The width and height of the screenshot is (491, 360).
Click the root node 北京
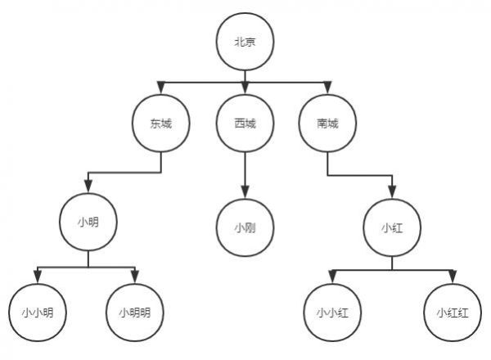[x=245, y=42]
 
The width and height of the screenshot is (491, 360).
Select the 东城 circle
[x=161, y=124]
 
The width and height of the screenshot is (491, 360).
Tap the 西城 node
[x=245, y=124]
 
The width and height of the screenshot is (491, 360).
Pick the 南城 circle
[x=327, y=124]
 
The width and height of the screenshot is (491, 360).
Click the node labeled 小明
[x=88, y=222]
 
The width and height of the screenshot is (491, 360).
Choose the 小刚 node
[x=245, y=227]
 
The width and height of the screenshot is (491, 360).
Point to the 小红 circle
[x=392, y=227]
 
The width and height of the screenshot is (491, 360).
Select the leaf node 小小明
[x=38, y=313]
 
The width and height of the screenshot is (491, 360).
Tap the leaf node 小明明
[x=135, y=313]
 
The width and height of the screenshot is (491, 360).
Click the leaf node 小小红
[x=332, y=313]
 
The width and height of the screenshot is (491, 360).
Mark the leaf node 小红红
[x=453, y=313]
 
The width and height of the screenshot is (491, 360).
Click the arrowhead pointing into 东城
[x=161, y=88]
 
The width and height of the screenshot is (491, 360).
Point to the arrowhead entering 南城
[x=327, y=88]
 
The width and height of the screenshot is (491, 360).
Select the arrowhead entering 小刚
[x=245, y=192]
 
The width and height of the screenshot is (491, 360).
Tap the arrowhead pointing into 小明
[x=88, y=187]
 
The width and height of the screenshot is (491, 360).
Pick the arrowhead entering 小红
[x=392, y=192]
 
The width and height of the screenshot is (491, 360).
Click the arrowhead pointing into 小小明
[x=38, y=277]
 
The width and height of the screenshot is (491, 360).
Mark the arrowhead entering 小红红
[x=453, y=277]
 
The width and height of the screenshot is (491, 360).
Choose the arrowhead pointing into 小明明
[x=135, y=277]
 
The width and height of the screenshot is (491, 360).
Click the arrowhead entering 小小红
[x=332, y=277]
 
